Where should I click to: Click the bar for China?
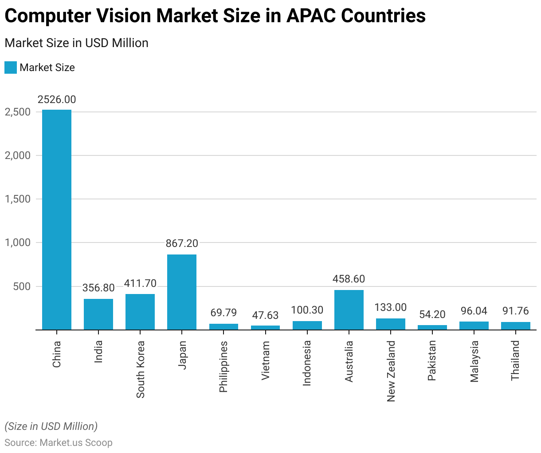[x=57, y=220]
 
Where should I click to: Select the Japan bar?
[x=182, y=292]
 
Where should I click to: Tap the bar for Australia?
[x=349, y=310]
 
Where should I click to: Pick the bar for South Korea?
[x=140, y=312]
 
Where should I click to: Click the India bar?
[x=98, y=314]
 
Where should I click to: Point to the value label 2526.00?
[x=57, y=99]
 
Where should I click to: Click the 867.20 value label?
[x=182, y=243]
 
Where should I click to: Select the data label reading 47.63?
[x=265, y=315]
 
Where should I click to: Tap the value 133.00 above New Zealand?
[x=390, y=307]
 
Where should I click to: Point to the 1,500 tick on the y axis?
[x=18, y=199]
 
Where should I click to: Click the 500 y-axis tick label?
[x=22, y=286]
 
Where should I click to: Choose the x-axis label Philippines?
[x=223, y=366]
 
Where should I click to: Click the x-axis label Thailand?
[x=515, y=360]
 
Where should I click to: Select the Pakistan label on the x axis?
[x=432, y=361]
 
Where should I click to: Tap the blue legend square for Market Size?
[x=11, y=68]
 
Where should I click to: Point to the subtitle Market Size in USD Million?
[x=76, y=43]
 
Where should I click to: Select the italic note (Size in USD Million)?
[x=51, y=426]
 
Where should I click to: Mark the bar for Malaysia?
[x=474, y=326]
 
